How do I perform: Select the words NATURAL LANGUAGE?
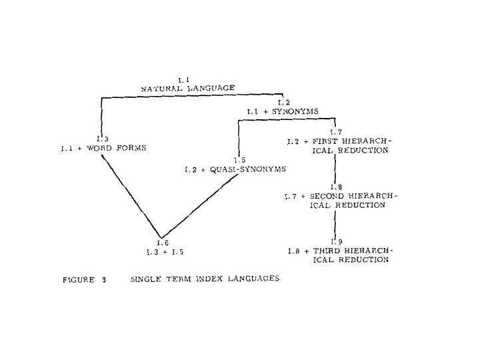click(x=188, y=88)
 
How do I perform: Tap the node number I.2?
click(x=284, y=102)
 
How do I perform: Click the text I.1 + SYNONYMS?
click(x=283, y=111)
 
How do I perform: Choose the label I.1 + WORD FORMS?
click(x=103, y=148)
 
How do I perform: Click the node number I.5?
click(x=240, y=160)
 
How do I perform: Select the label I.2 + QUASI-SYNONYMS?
click(x=235, y=169)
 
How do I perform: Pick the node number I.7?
click(x=335, y=132)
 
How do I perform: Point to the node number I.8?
click(x=335, y=187)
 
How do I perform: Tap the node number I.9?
click(x=335, y=241)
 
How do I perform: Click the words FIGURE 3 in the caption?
click(x=85, y=279)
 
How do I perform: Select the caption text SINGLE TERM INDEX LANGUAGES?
click(x=205, y=279)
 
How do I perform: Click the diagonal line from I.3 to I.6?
click(x=130, y=193)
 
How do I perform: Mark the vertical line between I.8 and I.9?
click(x=335, y=223)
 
